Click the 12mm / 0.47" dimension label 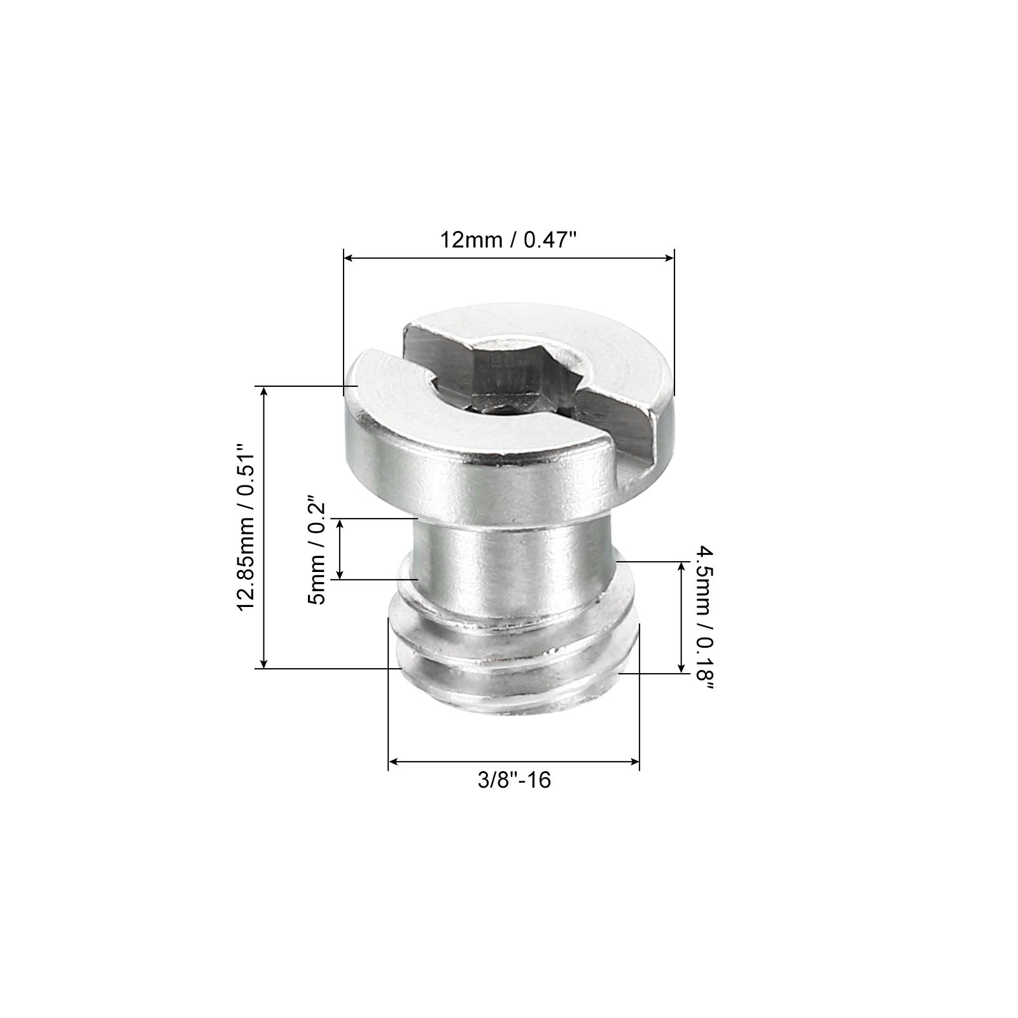[508, 241]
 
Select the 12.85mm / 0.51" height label [246, 527]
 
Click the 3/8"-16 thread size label [514, 780]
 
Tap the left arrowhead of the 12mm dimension [348, 258]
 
